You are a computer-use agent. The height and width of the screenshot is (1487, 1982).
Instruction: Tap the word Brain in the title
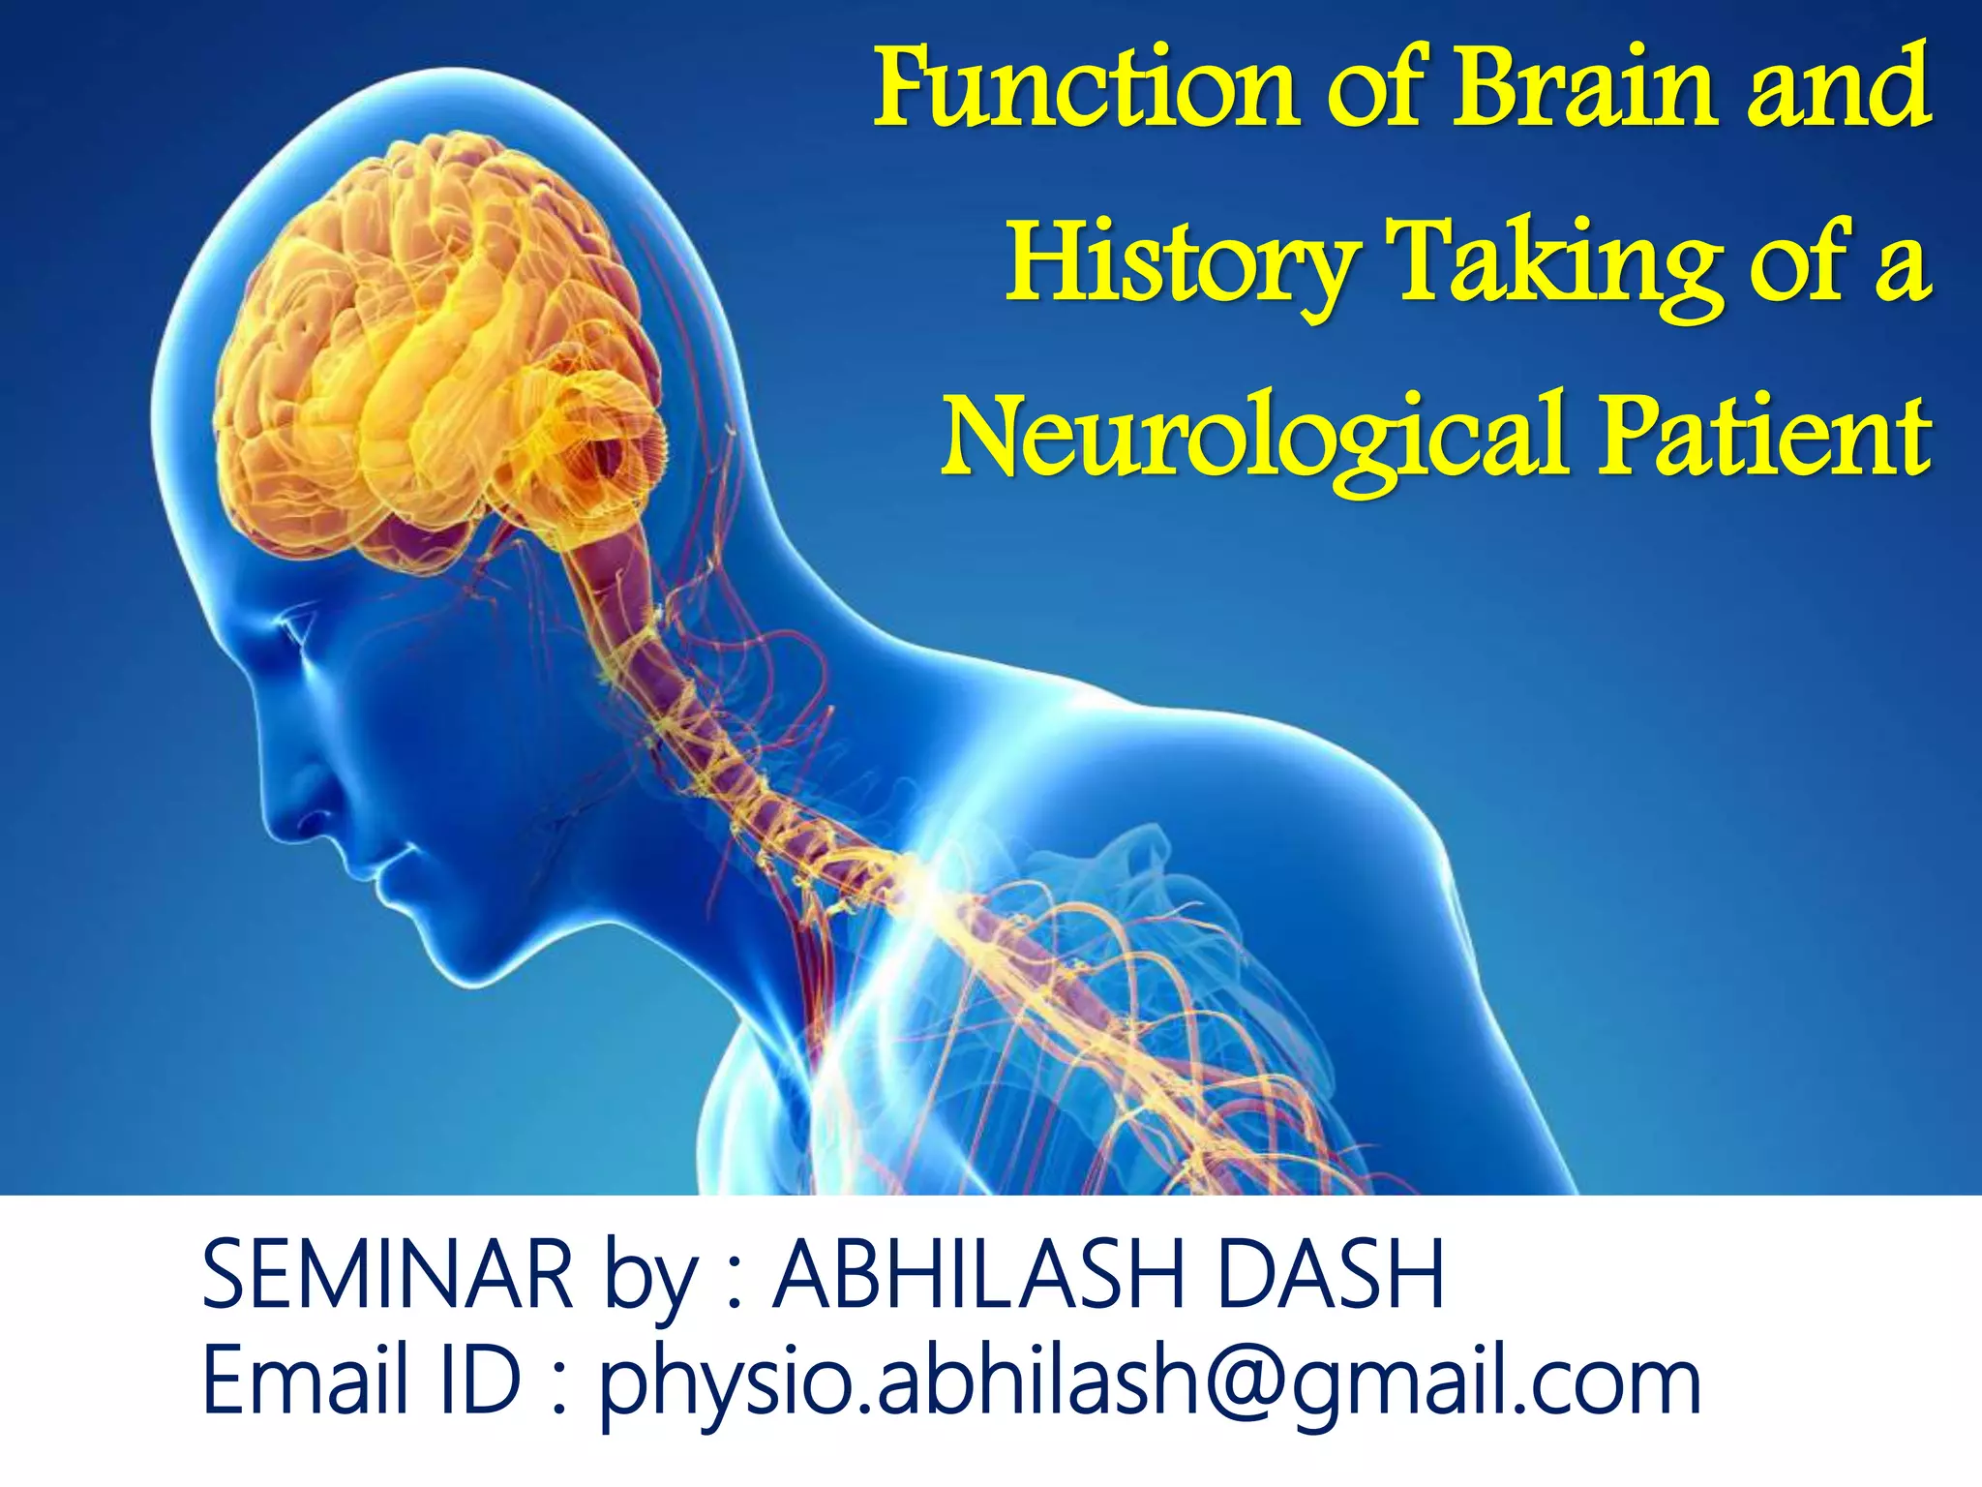[x=1587, y=89]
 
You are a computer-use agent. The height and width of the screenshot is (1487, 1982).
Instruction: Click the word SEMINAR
[x=387, y=1275]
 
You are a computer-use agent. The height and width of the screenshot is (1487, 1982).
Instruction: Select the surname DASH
[x=1330, y=1275]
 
